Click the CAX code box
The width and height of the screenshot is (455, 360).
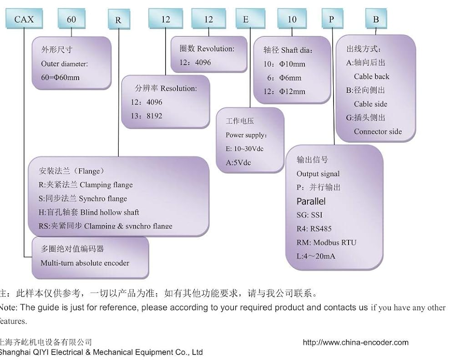click(x=23, y=20)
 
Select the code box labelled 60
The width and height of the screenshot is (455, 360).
click(x=71, y=20)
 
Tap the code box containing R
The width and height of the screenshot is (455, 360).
click(x=118, y=20)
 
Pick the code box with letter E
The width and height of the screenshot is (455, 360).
click(x=246, y=20)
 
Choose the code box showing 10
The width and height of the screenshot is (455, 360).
click(x=292, y=20)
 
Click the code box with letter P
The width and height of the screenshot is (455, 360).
click(x=331, y=20)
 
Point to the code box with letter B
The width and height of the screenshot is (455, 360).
click(x=376, y=20)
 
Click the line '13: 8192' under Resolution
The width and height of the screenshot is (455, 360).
click(x=147, y=116)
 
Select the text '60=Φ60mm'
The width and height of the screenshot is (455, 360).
click(x=60, y=77)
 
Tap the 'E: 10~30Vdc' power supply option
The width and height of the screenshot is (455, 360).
click(x=244, y=149)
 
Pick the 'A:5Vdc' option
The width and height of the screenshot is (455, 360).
click(x=238, y=162)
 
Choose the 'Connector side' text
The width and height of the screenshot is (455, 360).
click(x=378, y=132)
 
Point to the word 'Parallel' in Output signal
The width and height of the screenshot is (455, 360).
click(x=311, y=201)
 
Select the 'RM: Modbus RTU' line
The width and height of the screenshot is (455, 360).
click(x=326, y=243)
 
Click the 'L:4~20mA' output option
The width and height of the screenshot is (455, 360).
click(x=316, y=256)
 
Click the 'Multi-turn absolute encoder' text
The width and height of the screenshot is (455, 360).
click(x=85, y=263)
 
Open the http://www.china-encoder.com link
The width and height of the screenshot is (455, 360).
click(x=355, y=343)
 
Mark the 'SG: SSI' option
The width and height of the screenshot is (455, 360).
click(x=309, y=215)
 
